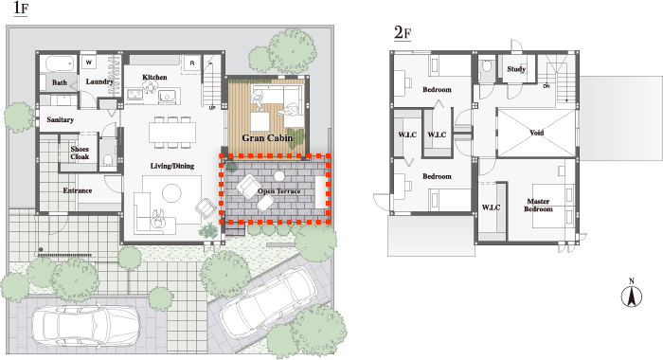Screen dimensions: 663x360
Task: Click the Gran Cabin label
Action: point(267,138)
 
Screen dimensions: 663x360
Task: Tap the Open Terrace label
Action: point(279,191)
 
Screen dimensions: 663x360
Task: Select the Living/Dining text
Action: point(172,166)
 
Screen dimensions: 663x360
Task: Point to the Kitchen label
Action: point(154,77)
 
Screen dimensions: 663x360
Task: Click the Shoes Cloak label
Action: point(80,153)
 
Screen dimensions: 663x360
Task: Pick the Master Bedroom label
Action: point(538,206)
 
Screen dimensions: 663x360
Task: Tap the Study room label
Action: point(516,68)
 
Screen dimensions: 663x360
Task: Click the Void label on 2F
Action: point(537,133)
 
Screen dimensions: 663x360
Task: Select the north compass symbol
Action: point(632,295)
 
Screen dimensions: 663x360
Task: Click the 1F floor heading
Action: point(21,9)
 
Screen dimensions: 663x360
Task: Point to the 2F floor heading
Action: point(403,32)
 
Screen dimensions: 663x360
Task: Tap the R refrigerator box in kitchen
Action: point(192,63)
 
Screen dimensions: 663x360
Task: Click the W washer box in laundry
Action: point(89,63)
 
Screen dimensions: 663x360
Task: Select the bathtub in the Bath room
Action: point(59,63)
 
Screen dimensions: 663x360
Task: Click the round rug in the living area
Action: point(171,193)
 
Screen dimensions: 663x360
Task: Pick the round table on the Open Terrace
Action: point(278,175)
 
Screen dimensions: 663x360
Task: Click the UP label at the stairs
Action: point(212,108)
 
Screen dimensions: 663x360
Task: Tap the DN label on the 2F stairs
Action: point(547,86)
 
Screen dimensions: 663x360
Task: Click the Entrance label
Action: point(78,190)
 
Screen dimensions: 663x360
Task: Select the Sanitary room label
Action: point(60,119)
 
